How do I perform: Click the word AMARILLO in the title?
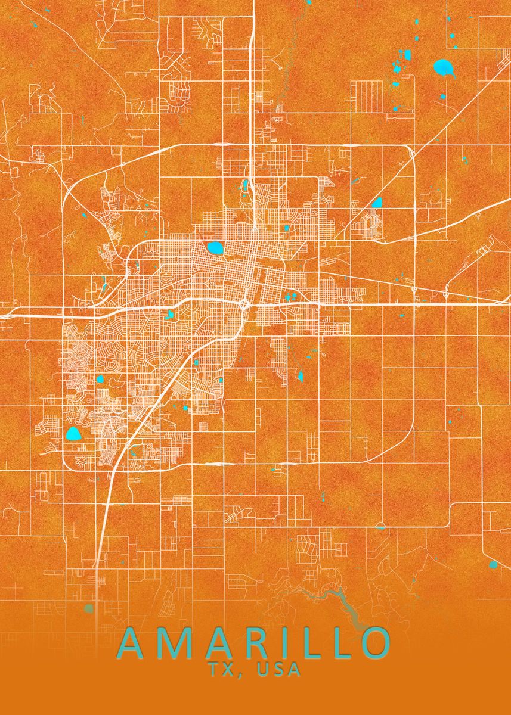(x=255, y=643)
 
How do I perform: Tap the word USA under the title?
(x=280, y=670)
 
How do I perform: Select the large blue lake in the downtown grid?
(x=213, y=247)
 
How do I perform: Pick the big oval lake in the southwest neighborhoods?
(x=73, y=434)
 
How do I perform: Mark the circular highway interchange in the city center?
(x=245, y=304)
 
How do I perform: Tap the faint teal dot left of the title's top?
(x=89, y=608)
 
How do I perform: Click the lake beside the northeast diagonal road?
(x=377, y=203)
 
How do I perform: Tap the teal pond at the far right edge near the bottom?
(x=493, y=564)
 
